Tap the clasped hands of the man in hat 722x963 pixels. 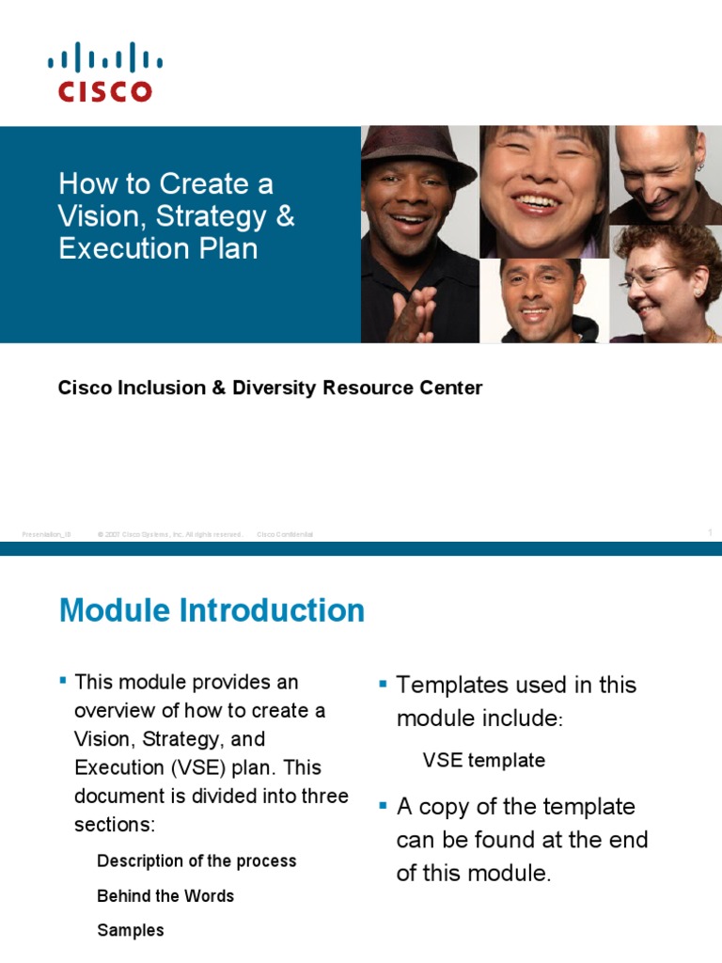415,315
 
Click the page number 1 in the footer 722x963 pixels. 710,533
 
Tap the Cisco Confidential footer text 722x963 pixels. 285,534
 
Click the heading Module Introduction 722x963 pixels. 212,610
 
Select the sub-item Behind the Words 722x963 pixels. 165,895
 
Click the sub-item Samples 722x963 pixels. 131,930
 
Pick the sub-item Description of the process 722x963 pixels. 196,860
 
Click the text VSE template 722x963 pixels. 483,760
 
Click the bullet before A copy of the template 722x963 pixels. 384,804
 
